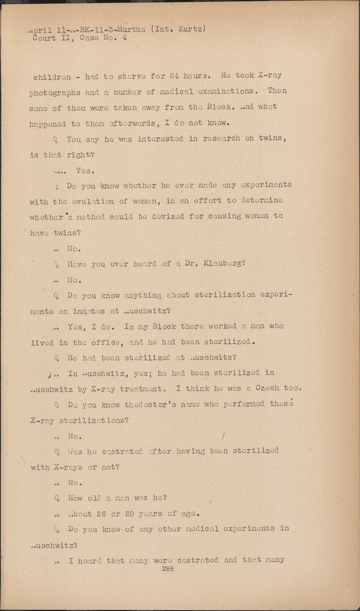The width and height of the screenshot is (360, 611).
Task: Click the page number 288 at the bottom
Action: tap(168, 569)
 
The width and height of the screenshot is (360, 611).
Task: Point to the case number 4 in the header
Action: tap(124, 38)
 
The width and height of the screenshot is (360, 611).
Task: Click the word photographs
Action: tap(55, 93)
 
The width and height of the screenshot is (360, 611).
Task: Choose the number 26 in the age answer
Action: tap(101, 514)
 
